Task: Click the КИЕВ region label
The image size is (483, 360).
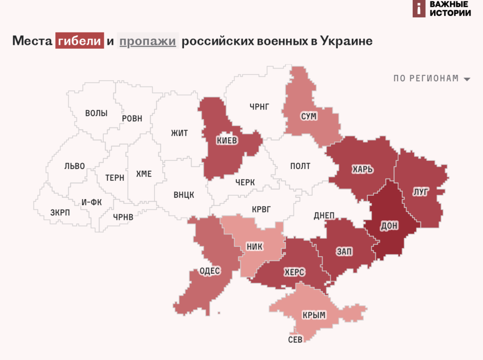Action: click(227, 141)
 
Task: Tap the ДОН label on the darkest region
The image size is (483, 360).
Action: click(389, 226)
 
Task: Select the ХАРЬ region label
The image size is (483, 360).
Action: click(362, 169)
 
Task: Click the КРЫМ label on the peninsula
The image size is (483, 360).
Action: click(314, 315)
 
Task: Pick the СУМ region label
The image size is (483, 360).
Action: click(308, 116)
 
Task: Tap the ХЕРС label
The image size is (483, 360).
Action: click(294, 272)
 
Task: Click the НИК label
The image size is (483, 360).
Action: click(255, 246)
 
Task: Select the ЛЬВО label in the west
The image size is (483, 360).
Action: click(75, 166)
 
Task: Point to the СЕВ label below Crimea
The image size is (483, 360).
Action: click(295, 340)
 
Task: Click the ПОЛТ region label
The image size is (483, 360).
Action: click(300, 166)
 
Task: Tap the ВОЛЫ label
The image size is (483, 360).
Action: click(96, 113)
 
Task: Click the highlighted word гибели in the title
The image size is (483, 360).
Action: click(79, 41)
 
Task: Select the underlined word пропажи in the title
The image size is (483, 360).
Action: click(148, 41)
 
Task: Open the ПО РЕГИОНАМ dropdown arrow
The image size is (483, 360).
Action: click(467, 79)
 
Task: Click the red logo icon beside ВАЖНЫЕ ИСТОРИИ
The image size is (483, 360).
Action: click(419, 8)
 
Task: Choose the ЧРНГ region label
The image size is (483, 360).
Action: click(259, 107)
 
